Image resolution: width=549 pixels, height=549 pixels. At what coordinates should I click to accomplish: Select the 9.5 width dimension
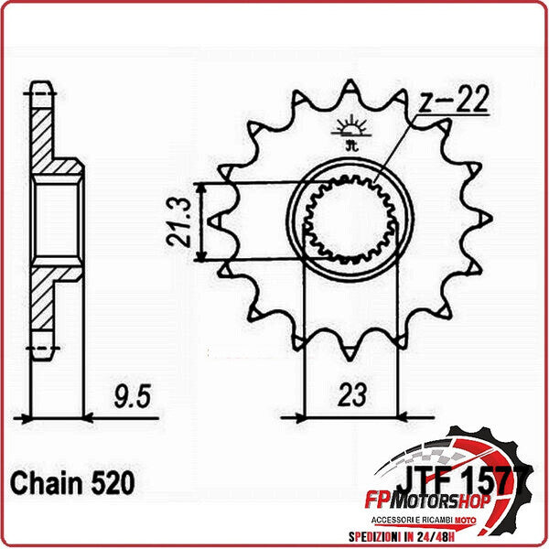pyautogui.click(x=132, y=397)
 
